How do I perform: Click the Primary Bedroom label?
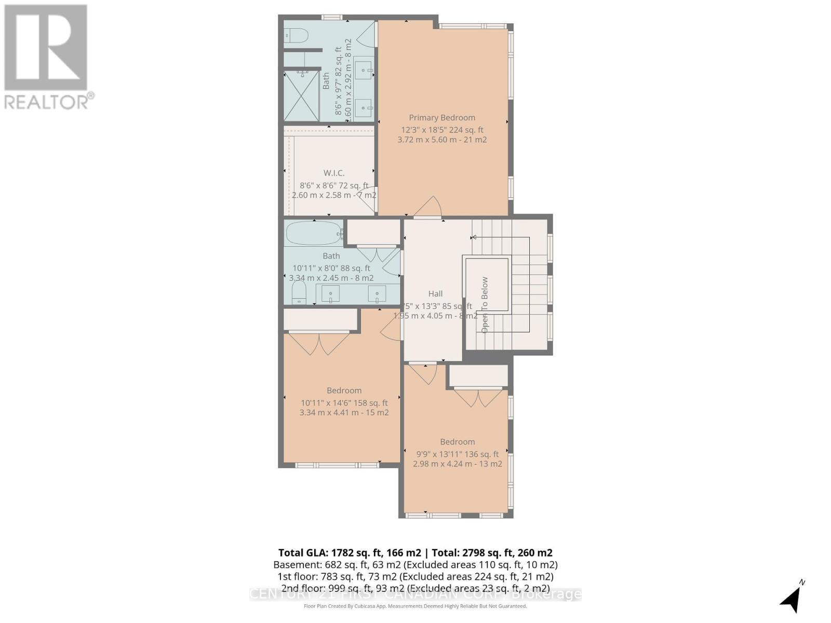pyautogui.click(x=441, y=117)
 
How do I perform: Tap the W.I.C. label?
pyautogui.click(x=333, y=173)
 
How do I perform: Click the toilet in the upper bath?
pyautogui.click(x=296, y=35)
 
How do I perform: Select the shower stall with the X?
pyautogui.click(x=301, y=96)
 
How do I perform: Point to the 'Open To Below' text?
pyautogui.click(x=485, y=305)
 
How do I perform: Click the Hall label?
pyautogui.click(x=435, y=293)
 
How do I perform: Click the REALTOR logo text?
pyautogui.click(x=49, y=101)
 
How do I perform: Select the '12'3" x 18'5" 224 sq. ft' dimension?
pyautogui.click(x=441, y=130)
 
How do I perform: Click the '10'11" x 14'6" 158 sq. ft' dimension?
pyautogui.click(x=344, y=402)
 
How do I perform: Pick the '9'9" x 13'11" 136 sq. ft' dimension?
pyautogui.click(x=457, y=454)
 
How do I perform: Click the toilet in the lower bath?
pyautogui.click(x=299, y=293)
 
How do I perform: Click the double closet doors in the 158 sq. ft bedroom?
pyautogui.click(x=319, y=343)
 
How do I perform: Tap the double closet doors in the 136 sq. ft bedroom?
pyautogui.click(x=478, y=398)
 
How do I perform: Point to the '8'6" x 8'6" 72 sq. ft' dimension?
pyautogui.click(x=333, y=185)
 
